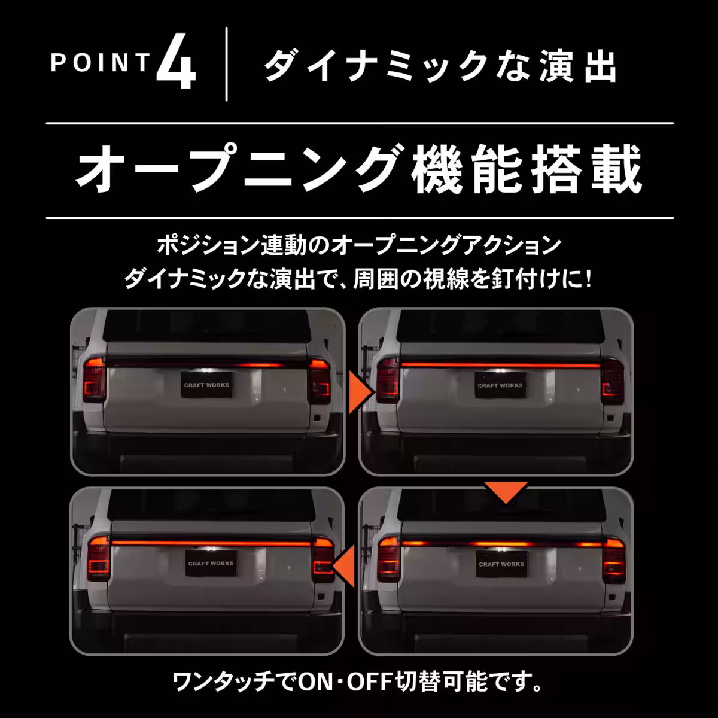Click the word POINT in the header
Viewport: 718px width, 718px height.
[100, 63]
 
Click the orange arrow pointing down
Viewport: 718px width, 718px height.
[506, 491]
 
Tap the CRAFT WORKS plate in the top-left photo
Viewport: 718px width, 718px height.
[206, 385]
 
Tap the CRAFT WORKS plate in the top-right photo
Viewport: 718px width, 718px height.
[500, 385]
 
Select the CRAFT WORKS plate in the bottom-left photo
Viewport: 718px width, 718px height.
[211, 564]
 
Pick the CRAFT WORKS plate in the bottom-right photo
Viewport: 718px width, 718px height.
[501, 564]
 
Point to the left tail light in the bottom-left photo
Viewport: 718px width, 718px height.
[98, 558]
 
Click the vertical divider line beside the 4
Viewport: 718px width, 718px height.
[226, 64]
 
